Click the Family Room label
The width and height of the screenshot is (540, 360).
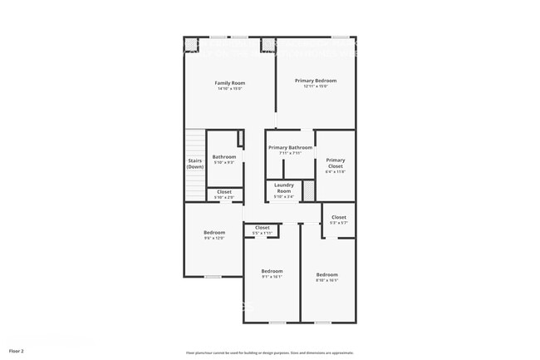(230, 83)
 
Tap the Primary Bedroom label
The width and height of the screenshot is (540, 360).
(316, 81)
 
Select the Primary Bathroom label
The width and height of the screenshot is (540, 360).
(290, 147)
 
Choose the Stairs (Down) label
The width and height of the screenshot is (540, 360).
(195, 164)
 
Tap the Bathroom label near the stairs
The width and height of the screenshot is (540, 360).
(224, 156)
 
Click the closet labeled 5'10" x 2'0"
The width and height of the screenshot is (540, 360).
(224, 192)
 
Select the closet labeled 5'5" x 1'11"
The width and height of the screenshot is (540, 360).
(263, 227)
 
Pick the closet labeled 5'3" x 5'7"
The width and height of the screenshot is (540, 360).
(339, 217)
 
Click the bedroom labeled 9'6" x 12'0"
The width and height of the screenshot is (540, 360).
(214, 232)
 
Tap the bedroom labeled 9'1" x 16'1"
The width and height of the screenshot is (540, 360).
(272, 271)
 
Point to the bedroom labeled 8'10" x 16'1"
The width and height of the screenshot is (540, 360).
(326, 274)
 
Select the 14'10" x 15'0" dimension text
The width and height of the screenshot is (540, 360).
(230, 88)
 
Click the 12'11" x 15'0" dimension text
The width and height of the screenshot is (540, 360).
(316, 86)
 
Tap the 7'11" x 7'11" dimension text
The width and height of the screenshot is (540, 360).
(290, 153)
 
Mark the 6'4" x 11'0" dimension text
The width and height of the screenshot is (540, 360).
(335, 171)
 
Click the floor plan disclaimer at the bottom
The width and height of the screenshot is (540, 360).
(269, 352)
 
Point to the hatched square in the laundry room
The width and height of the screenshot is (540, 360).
(307, 191)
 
